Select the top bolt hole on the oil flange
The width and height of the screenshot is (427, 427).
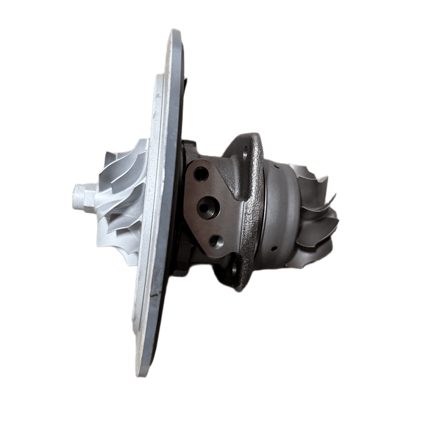tap(201, 173)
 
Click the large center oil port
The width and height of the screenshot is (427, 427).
tap(208, 207)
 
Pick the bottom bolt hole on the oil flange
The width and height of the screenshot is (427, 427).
tap(216, 241)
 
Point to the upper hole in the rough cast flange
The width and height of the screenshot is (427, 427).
tap(245, 153)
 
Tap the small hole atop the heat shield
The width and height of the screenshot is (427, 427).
tap(276, 168)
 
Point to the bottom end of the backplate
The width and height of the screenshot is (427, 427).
tap(142, 373)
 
